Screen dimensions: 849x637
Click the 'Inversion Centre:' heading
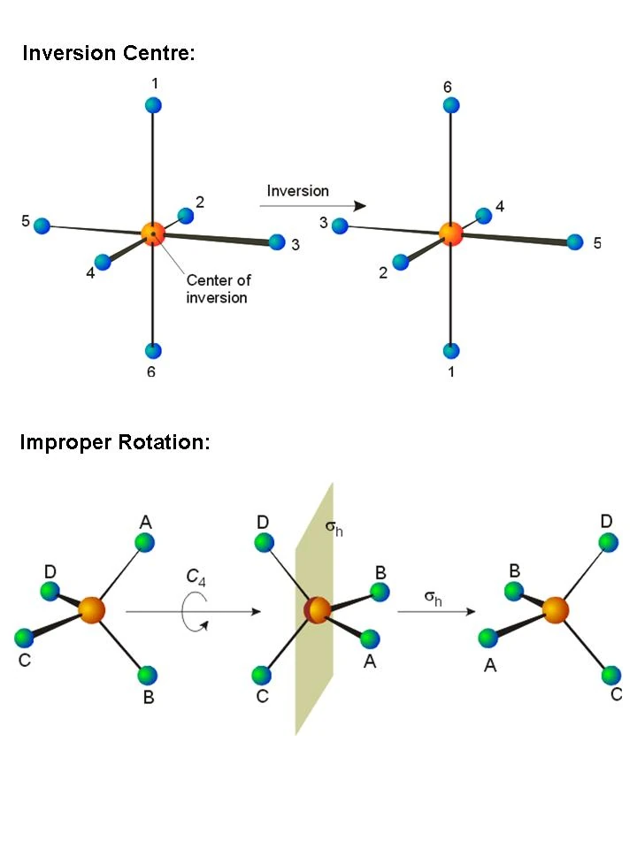tap(108, 53)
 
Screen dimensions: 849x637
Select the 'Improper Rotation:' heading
tap(115, 442)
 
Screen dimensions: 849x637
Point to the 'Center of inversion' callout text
tap(218, 288)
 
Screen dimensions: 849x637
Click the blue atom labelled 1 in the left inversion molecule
tap(153, 105)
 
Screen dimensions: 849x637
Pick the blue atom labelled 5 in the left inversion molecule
tap(42, 226)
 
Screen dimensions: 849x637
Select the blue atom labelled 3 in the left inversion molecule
tap(277, 241)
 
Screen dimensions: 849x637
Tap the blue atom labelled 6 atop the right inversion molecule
tap(451, 105)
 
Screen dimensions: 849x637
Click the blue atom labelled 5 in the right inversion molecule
tap(575, 241)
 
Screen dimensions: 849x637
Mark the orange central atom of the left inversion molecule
tap(153, 234)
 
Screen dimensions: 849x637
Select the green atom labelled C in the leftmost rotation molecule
tap(24, 637)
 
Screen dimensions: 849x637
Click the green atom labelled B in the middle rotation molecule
tap(380, 593)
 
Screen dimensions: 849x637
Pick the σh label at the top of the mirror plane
tap(334, 528)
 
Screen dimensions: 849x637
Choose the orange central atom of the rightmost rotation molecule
tap(556, 610)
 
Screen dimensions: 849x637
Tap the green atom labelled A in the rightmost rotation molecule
tap(487, 637)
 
